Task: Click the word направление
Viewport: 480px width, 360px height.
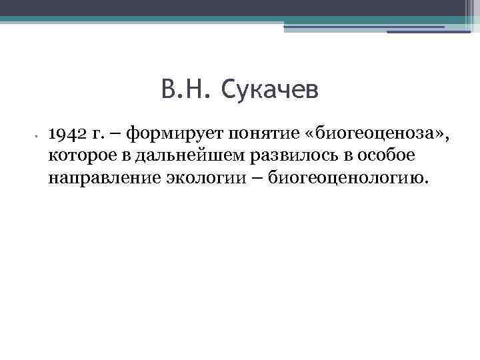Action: click(95, 178)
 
